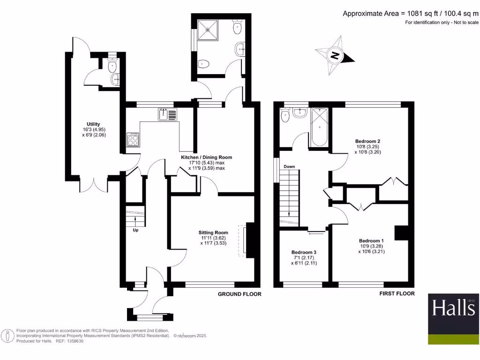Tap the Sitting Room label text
[x=213, y=232]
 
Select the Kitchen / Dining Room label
[x=207, y=157]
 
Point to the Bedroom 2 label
[x=367, y=141]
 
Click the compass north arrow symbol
[x=335, y=56]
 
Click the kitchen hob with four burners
[x=133, y=139]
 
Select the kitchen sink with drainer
[x=168, y=114]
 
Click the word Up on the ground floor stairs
[x=135, y=230]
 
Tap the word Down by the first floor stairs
[x=289, y=166]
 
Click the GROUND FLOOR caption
[x=240, y=294]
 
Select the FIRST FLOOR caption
[x=397, y=293]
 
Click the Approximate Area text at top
[x=410, y=13]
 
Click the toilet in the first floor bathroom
[x=284, y=115]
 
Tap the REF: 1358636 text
[x=69, y=341]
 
